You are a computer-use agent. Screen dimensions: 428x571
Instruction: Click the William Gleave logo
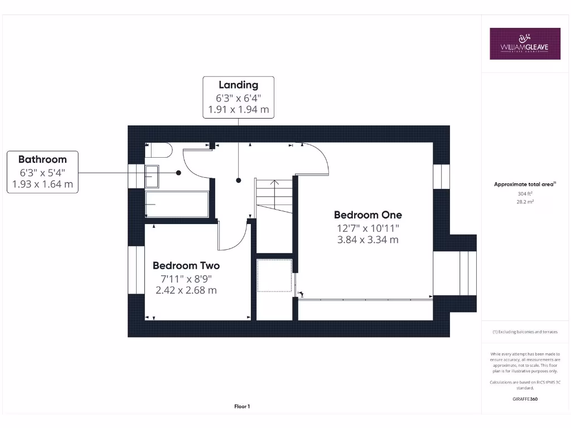click(x=525, y=43)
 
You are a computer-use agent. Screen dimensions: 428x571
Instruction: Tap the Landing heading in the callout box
click(x=238, y=85)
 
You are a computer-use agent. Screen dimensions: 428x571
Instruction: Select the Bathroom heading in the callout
click(x=42, y=159)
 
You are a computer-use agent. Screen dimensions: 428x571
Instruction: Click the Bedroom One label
click(x=367, y=215)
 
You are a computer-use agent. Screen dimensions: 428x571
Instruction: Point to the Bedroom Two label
click(x=186, y=265)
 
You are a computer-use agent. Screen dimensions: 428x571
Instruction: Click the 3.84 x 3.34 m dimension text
click(x=367, y=240)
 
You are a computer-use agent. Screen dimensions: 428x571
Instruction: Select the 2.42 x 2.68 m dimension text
click(x=186, y=290)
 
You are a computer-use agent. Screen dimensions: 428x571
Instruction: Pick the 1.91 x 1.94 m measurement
click(x=238, y=110)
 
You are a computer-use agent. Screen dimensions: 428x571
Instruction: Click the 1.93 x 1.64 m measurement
click(x=42, y=184)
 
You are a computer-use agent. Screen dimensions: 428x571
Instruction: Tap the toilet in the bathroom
click(x=159, y=151)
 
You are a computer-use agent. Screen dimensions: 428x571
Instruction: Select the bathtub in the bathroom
click(x=177, y=204)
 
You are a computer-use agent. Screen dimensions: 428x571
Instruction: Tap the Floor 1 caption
click(x=242, y=407)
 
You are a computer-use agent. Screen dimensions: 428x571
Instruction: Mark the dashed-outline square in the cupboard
click(x=274, y=275)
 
